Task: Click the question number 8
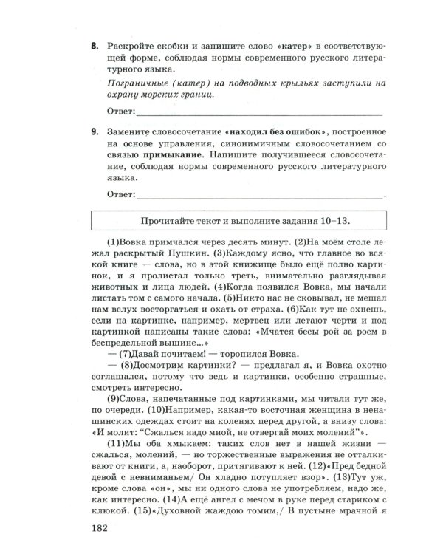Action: pos(95,45)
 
